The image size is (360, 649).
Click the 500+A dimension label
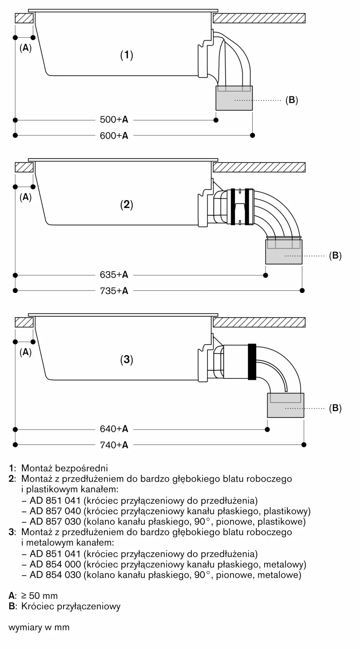point(114,120)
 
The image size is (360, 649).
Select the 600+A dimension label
point(114,135)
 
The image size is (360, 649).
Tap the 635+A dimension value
point(114,275)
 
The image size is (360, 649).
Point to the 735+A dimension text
point(114,291)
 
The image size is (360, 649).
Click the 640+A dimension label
point(114,429)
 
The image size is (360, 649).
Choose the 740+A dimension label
point(114,445)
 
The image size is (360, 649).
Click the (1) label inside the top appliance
point(127,55)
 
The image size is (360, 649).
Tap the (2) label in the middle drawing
point(127,204)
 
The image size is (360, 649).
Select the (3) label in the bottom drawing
point(127,360)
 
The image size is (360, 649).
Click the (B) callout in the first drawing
point(292,100)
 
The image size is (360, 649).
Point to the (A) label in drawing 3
point(26,352)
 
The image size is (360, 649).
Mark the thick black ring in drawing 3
point(252,361)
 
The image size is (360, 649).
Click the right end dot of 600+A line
point(253,135)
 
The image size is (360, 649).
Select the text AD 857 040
point(55,511)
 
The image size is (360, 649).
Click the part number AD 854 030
point(55,575)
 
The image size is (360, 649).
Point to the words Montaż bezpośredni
point(65,468)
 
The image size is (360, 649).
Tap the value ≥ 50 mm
point(40,596)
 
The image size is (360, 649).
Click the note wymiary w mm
point(39,627)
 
